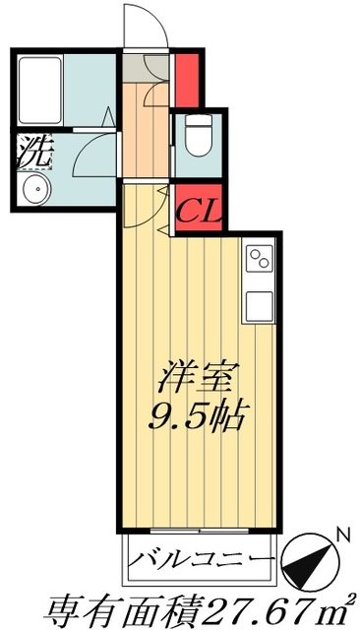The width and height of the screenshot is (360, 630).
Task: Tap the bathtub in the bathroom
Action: pyautogui.click(x=39, y=89)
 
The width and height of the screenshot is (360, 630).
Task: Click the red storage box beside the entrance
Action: pyautogui.click(x=186, y=78)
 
